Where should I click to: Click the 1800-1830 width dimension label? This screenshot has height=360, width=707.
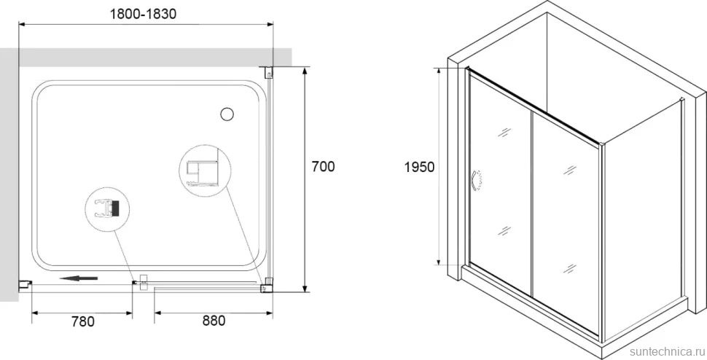(143, 15)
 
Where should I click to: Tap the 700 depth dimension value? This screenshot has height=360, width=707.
(324, 167)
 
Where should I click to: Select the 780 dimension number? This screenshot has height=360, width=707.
(83, 321)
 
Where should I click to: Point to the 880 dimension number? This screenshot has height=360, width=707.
(214, 321)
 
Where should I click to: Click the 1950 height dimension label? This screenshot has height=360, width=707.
(419, 167)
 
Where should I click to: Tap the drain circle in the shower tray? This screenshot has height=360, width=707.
(227, 114)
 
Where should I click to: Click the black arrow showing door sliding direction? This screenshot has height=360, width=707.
(79, 278)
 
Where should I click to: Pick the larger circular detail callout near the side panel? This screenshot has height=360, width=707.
(205, 171)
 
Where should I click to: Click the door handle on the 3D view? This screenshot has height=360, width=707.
(477, 180)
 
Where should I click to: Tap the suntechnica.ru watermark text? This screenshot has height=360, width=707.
(668, 351)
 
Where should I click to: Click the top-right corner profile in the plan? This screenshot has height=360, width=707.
(268, 71)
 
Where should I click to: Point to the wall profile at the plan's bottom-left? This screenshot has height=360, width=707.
(25, 285)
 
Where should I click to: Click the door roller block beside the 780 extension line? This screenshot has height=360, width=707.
(144, 282)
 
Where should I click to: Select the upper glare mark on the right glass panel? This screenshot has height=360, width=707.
(570, 171)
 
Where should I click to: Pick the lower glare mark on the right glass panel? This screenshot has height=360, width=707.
(570, 269)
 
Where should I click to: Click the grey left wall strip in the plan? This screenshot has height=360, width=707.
(9, 175)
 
